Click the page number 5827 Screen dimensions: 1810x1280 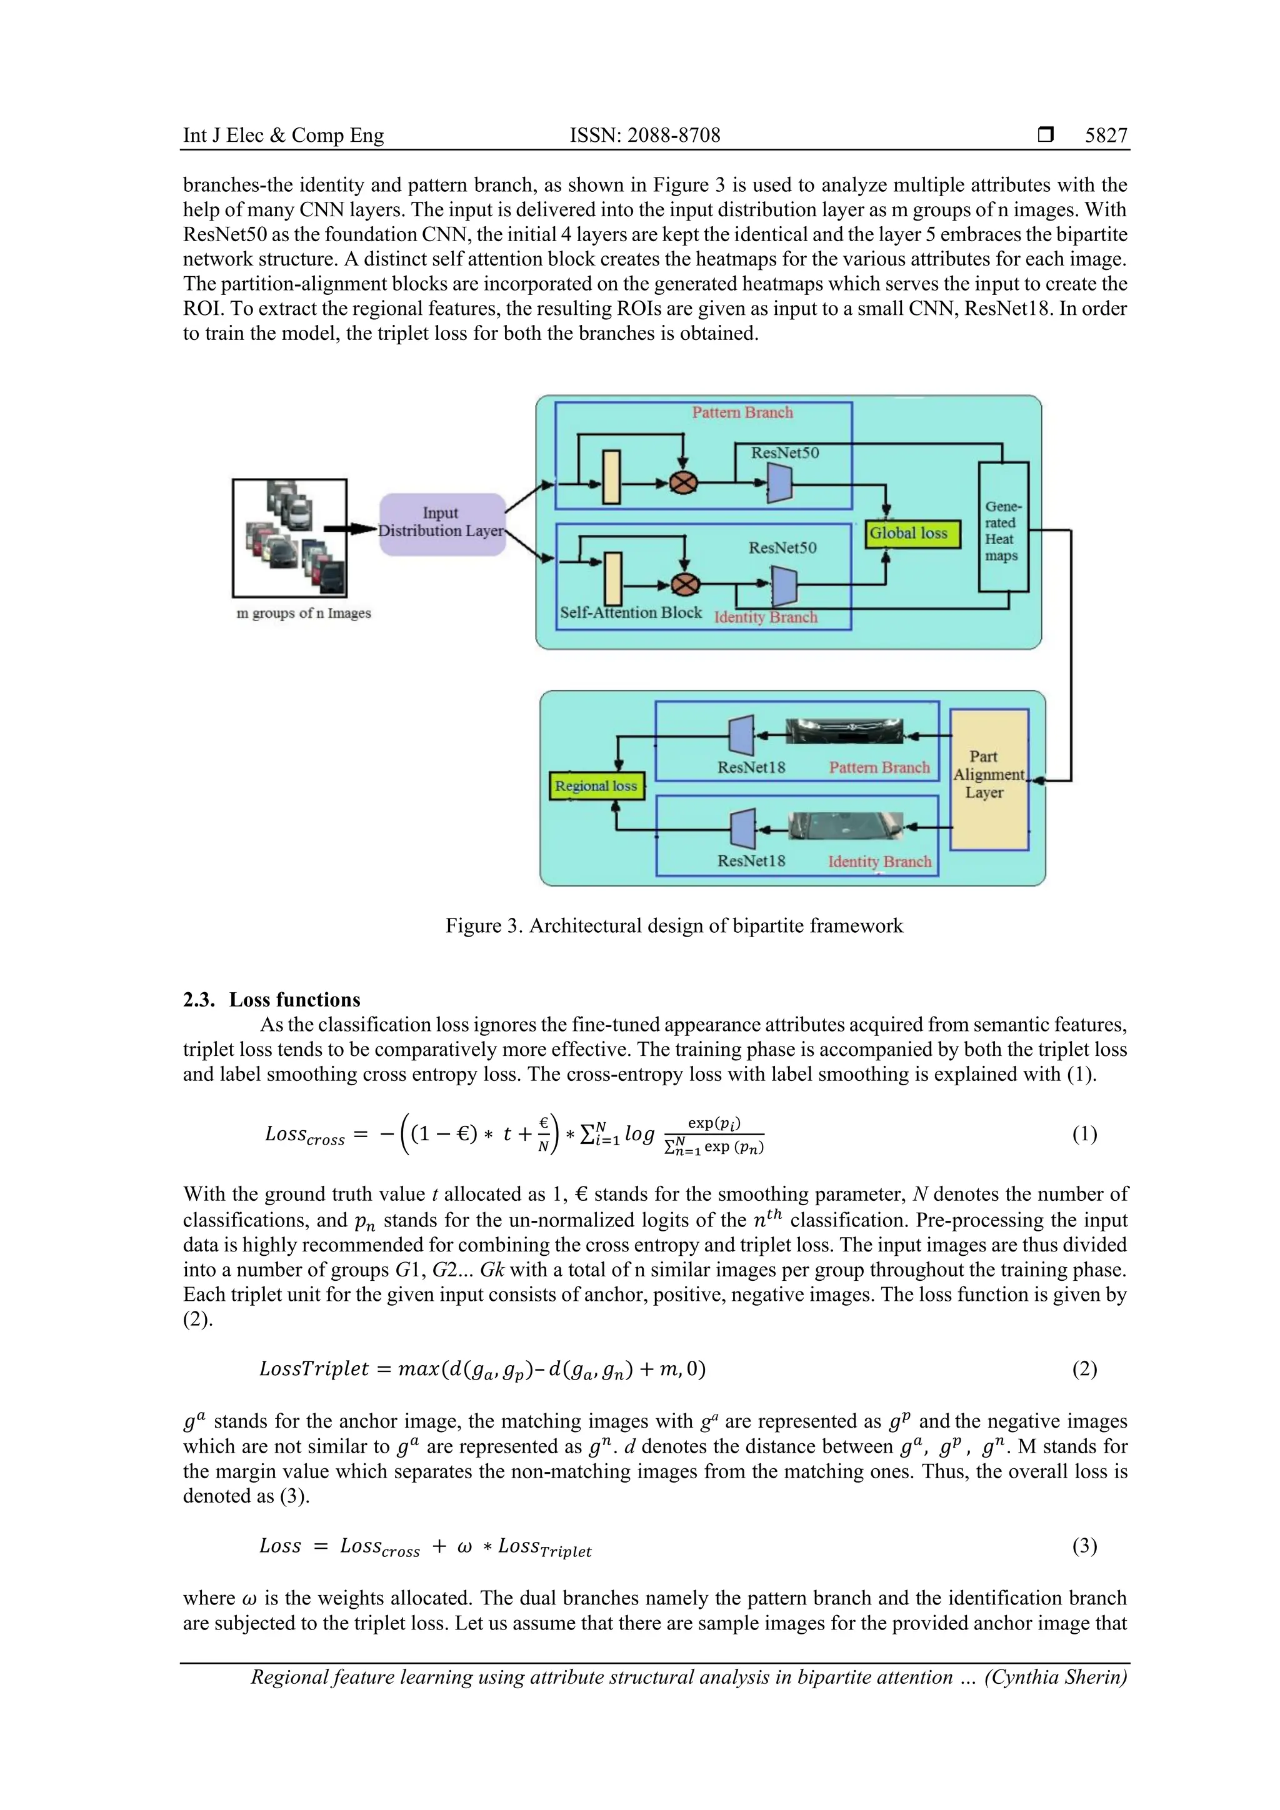[1106, 136]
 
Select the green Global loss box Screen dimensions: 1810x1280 [912, 534]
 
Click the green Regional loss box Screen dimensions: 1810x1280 [596, 786]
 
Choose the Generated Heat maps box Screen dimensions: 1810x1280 [1002, 528]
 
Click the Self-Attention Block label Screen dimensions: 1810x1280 [630, 612]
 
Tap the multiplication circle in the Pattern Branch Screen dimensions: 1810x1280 [683, 482]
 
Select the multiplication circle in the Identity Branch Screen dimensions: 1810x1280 [684, 585]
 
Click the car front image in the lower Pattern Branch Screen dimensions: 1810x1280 [844, 732]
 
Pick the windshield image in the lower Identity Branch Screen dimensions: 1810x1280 [844, 825]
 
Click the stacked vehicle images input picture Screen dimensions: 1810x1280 [289, 538]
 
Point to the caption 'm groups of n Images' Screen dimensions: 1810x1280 [304, 614]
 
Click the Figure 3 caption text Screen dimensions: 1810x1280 [674, 925]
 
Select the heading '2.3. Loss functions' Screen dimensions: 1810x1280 [271, 1000]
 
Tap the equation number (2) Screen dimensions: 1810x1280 [1084, 1368]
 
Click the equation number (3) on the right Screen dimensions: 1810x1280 [1084, 1546]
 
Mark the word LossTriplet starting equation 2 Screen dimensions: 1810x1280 [313, 1368]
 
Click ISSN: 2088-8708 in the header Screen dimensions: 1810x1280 [644, 136]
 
